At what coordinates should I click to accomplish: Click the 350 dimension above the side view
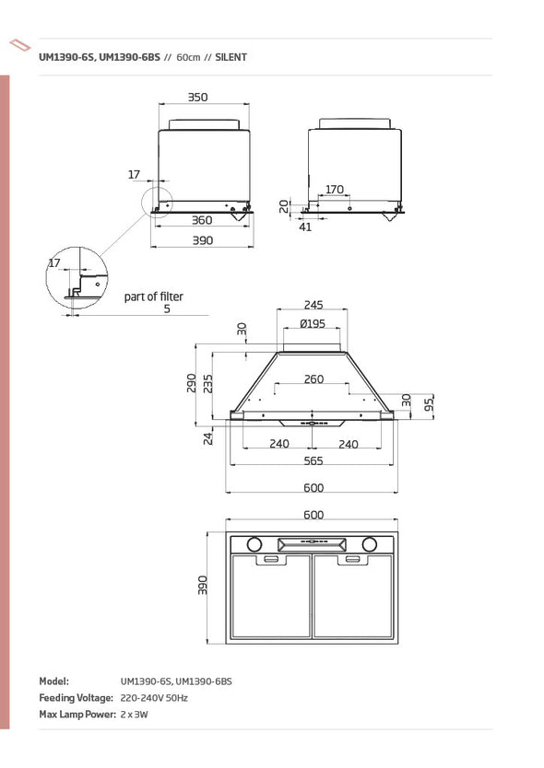point(197,97)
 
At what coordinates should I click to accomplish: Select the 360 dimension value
point(202,220)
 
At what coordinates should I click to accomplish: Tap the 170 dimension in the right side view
point(335,189)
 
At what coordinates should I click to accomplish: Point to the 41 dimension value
point(305,227)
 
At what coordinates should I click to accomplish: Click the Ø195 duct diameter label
point(313,324)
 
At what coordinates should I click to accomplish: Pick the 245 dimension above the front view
point(313,305)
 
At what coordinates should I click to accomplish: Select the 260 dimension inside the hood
point(313,379)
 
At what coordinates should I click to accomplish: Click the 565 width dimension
point(313,461)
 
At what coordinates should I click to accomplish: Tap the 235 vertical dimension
point(208,383)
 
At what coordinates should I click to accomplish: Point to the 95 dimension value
point(430,404)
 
